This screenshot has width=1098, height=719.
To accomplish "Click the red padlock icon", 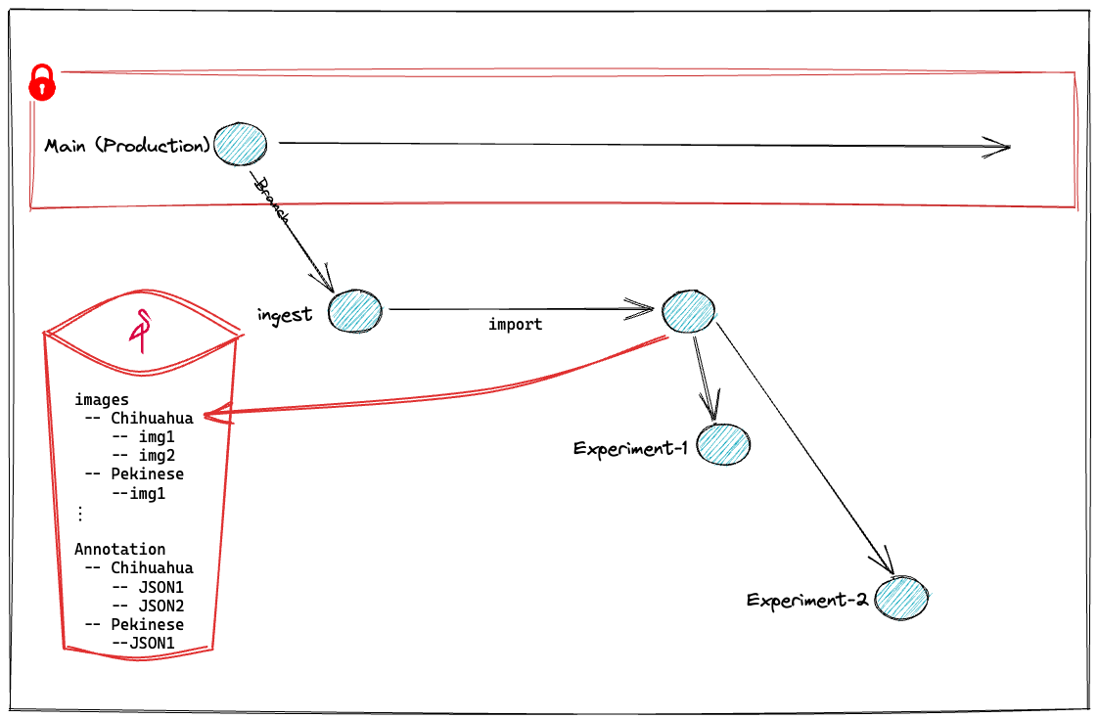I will point(42,82).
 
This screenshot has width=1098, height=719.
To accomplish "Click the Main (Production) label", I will point(127,146).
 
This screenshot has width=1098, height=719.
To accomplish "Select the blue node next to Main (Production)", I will point(241,145).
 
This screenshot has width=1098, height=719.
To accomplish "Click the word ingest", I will point(285,314).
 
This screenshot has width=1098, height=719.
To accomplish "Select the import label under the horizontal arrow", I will point(515,324).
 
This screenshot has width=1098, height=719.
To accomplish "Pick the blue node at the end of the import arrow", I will point(689,311).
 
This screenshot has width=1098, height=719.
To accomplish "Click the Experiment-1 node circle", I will point(724,444).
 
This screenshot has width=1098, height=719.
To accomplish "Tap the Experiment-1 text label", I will point(631,449).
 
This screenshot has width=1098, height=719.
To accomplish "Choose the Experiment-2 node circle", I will point(901,596).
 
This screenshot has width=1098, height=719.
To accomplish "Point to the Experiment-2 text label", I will point(806,600).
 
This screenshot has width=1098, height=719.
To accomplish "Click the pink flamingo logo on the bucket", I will point(143,330).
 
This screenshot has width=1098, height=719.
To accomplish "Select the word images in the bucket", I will point(102,399).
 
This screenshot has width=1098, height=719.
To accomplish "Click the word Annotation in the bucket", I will point(119,549).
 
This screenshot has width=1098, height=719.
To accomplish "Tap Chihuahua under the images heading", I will point(152,418).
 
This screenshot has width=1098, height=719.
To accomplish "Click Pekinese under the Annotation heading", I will point(147,624).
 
